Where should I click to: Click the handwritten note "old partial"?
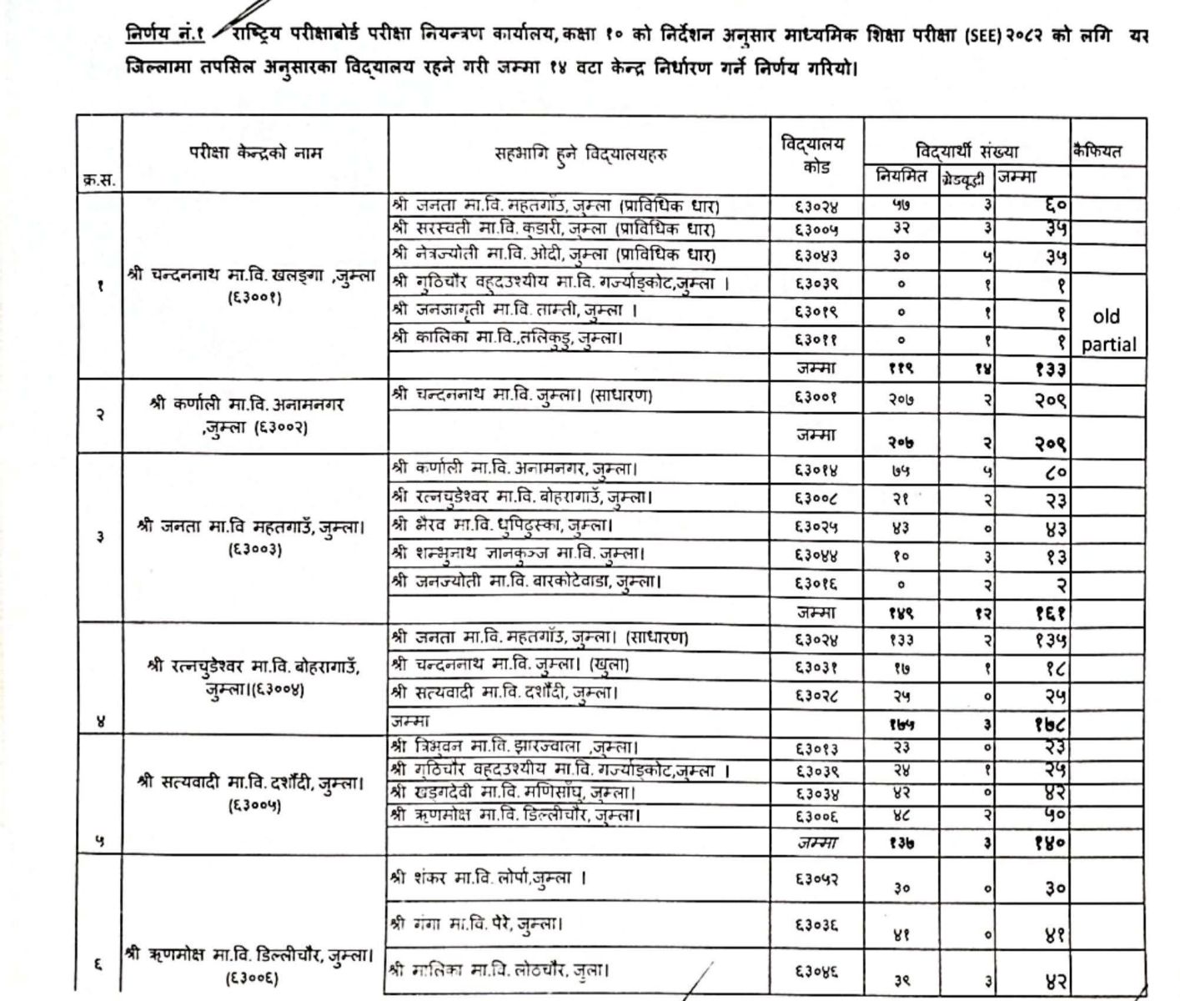pos(1108,330)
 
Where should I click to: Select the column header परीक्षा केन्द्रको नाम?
pos(255,153)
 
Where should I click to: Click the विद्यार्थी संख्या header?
pos(967,151)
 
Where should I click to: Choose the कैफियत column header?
pos(1098,151)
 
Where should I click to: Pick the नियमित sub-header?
pos(901,177)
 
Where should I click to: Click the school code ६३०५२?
pos(816,879)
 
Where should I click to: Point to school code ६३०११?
pos(816,339)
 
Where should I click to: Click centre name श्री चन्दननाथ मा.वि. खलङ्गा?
pos(253,275)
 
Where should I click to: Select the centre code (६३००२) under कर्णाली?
pos(255,428)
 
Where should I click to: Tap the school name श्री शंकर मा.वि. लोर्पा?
pos(489,878)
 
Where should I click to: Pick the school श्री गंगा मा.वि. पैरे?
pos(476,924)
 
